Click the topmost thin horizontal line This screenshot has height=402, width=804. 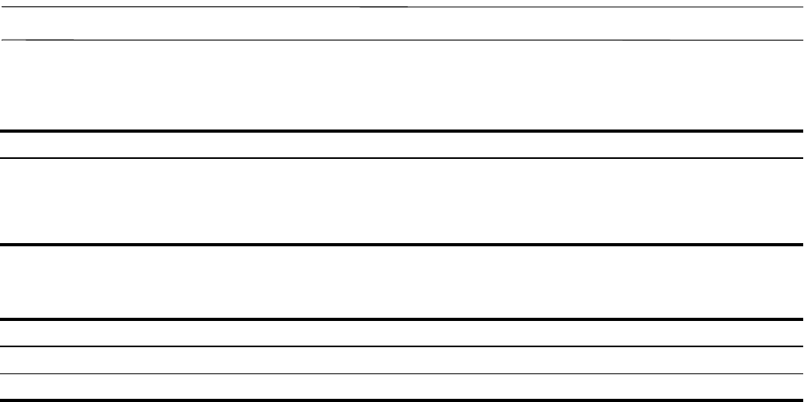point(402,7)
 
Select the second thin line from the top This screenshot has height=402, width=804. point(402,39)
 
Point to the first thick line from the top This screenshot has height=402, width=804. point(402,131)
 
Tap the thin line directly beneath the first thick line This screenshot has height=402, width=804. point(402,158)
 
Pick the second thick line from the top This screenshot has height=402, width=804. point(402,245)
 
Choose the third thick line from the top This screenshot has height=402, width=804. point(402,319)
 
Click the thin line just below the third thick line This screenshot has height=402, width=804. point(402,346)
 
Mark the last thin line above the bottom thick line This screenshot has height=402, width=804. point(402,373)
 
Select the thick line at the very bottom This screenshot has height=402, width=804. point(402,400)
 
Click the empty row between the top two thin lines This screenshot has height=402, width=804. point(402,23)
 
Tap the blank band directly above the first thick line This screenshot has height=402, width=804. point(402,85)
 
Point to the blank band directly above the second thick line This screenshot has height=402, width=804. point(402,201)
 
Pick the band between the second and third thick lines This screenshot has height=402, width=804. point(402,282)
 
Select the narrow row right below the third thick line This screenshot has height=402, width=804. point(402,334)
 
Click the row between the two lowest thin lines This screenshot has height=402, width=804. point(402,360)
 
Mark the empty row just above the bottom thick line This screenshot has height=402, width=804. point(402,386)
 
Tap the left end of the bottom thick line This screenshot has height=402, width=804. point(2,400)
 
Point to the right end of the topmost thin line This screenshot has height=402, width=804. point(801,7)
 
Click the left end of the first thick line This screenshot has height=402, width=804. point(2,131)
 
